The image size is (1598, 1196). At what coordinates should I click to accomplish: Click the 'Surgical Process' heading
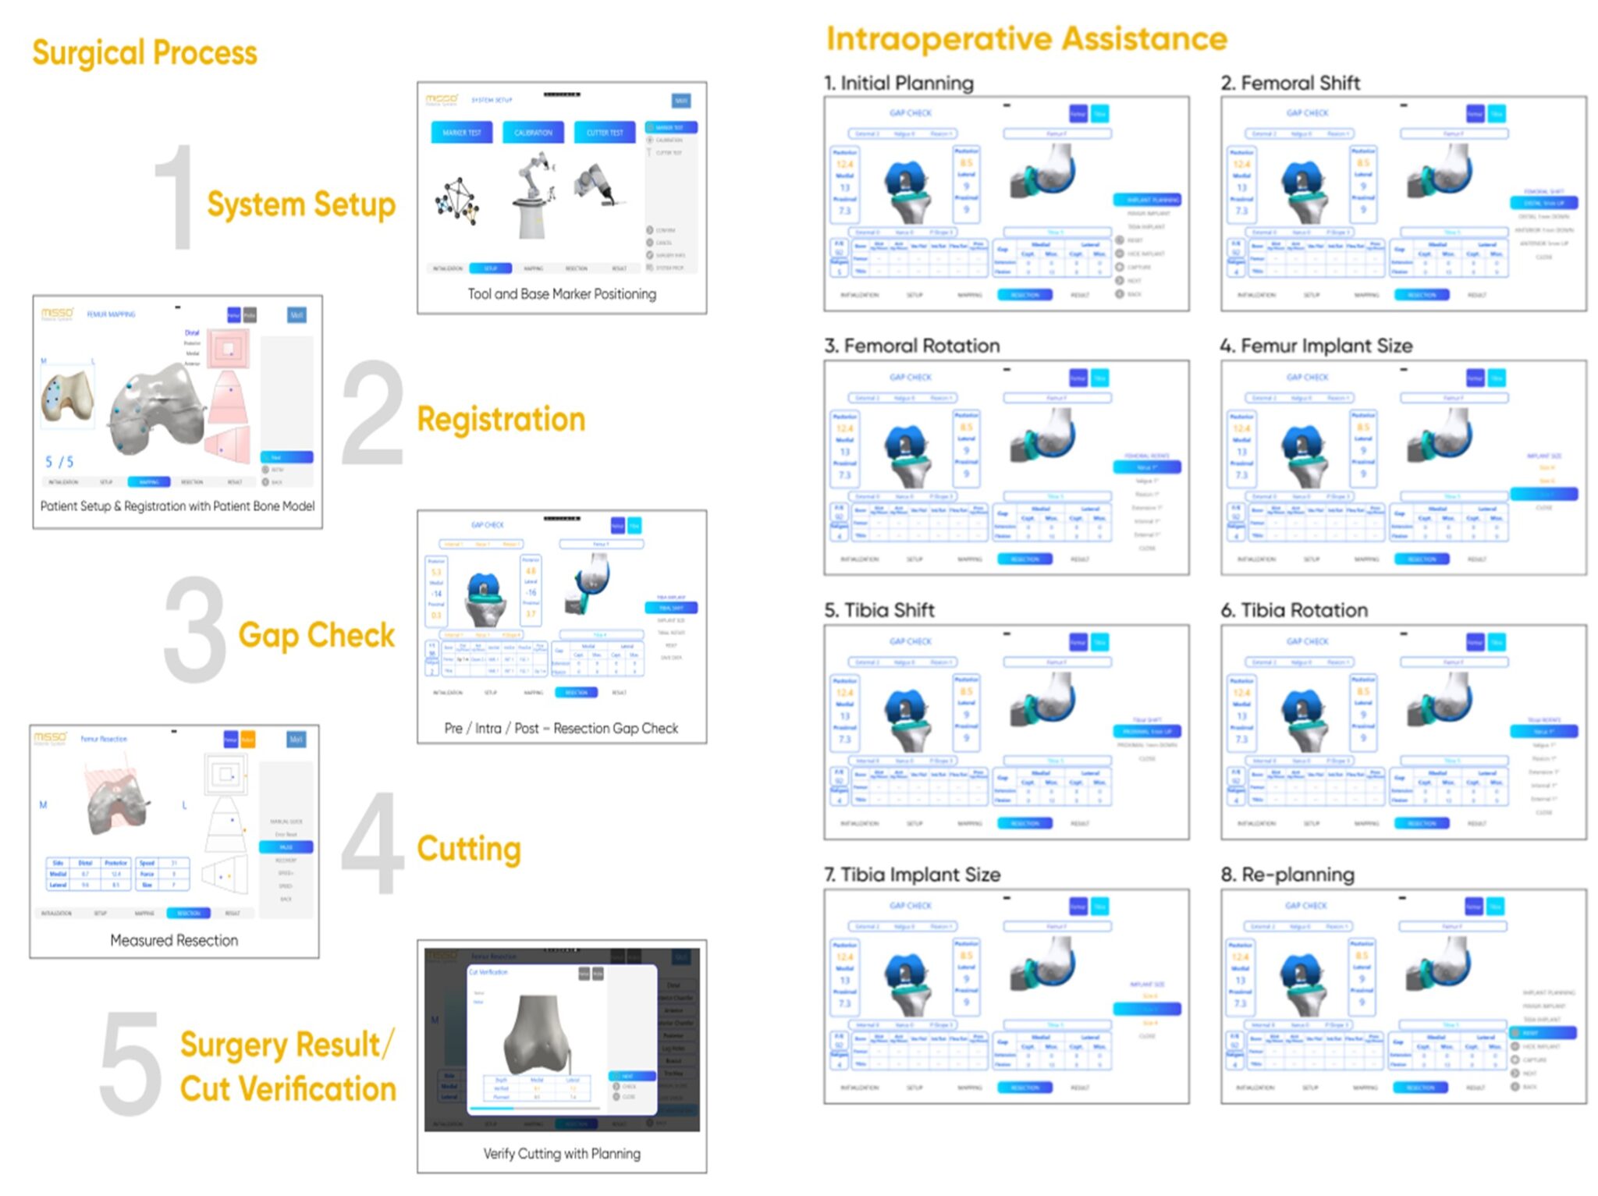coord(144,53)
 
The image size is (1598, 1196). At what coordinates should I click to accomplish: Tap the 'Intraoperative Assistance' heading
coord(1026,38)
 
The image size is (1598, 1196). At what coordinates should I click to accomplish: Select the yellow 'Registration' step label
coord(501,419)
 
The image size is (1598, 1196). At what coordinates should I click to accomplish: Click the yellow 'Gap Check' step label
coord(316,635)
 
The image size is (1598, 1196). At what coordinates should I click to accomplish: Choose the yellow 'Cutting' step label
coord(468,849)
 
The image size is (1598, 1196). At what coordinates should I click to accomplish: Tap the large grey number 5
coord(130,1064)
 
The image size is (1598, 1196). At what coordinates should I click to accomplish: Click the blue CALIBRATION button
coord(533,133)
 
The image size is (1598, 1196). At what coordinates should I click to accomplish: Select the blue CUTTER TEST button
coord(605,133)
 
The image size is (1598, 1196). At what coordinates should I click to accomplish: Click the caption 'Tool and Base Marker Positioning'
coord(562,294)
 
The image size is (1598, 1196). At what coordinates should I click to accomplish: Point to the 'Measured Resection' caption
coord(174,941)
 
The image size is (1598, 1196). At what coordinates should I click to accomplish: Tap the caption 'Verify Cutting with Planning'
coord(562,1154)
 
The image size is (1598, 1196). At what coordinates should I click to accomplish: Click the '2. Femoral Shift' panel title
coord(1290,83)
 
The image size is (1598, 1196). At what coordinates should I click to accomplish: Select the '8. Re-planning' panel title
coord(1287,875)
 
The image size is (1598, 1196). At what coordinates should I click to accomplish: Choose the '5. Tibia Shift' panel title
coord(879,610)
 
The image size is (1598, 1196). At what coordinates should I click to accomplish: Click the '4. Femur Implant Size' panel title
coord(1316,346)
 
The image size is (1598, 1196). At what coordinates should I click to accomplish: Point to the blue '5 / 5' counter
coord(59,462)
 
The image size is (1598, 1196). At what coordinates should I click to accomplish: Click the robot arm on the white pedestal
coord(532,195)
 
